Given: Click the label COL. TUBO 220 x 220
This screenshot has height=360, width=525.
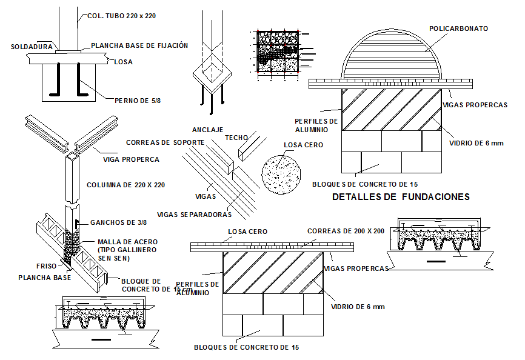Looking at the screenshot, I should [121, 16].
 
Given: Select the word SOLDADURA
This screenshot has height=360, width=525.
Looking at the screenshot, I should [33, 45].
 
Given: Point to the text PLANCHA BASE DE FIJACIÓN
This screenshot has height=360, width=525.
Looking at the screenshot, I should [139, 45].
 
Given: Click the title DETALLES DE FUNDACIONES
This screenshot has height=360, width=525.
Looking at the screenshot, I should [401, 197].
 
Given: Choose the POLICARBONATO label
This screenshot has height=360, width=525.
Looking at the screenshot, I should [458, 28].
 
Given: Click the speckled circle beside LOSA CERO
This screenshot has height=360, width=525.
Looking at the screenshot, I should [281, 173].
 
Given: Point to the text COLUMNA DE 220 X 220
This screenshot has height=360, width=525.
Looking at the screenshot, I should [125, 185].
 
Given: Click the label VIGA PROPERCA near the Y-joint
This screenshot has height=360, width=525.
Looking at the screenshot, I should [131, 159].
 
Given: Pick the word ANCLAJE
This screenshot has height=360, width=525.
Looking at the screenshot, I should [208, 130].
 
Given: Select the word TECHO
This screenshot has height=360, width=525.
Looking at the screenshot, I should [236, 138].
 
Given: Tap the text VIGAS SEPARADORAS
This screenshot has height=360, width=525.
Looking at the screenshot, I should [194, 215].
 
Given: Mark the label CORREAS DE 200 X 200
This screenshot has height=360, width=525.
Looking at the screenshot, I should [346, 231].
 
